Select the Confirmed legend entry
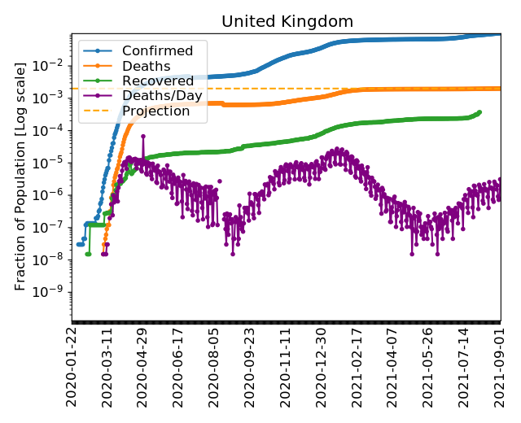[157, 51]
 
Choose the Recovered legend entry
[157, 81]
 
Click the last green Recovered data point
[479, 112]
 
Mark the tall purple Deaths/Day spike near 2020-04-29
[143, 136]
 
